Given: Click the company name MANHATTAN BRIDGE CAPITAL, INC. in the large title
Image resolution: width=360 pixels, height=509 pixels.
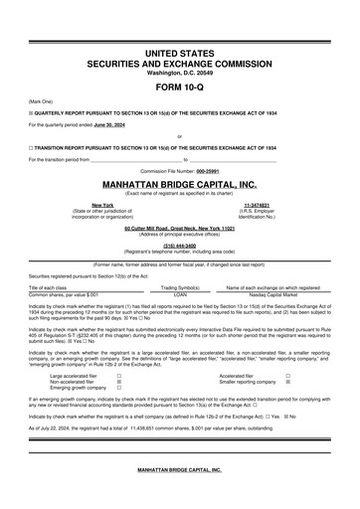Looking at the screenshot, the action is pos(179,184).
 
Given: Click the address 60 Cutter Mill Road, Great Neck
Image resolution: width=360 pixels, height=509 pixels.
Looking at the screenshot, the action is pos(179,228).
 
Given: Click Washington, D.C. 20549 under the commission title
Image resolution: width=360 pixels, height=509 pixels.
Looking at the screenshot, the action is pos(179,72).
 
